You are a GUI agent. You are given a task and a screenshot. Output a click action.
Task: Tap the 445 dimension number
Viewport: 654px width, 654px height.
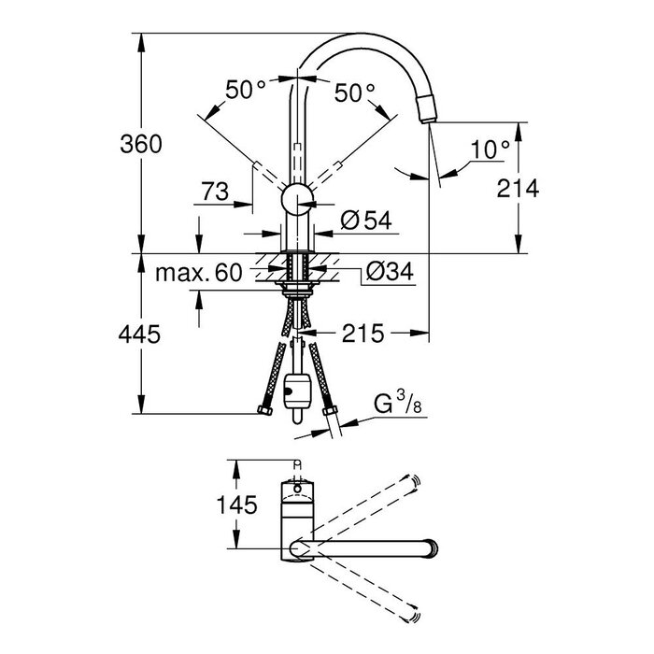tap(139, 334)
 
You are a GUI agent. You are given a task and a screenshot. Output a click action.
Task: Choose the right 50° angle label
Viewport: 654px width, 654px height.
tap(354, 92)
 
